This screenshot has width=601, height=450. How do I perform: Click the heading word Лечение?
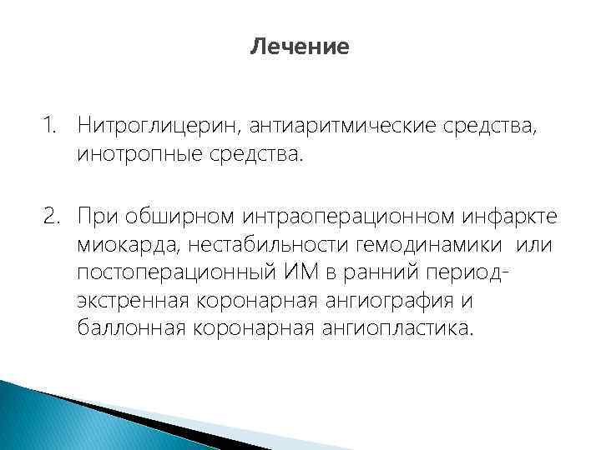click(x=300, y=47)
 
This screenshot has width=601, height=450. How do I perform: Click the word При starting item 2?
click(x=99, y=219)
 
